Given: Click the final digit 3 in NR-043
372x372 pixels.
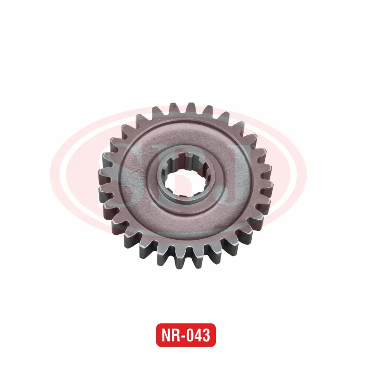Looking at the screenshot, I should (x=207, y=335).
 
